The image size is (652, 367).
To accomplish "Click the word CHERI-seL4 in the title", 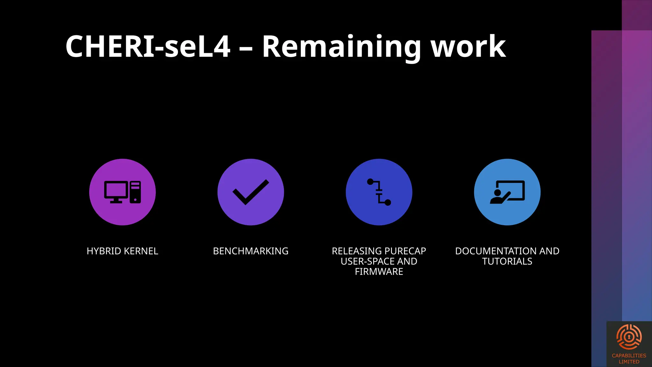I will tap(147, 47).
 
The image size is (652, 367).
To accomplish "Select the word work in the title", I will tap(468, 47).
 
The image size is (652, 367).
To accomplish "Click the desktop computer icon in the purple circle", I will tap(123, 192).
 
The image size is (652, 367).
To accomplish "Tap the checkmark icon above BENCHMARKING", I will tap(251, 192).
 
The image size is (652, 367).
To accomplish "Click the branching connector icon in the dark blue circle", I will tap(379, 192).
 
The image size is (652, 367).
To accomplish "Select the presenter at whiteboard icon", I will tap(507, 192).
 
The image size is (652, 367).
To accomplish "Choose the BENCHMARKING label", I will tap(251, 251).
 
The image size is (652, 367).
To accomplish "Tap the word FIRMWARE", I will tap(379, 271).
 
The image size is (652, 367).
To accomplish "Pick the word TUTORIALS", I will tap(507, 261).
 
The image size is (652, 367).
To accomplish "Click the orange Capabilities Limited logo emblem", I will tap(629, 337).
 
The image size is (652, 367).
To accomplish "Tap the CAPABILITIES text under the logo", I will tap(629, 356).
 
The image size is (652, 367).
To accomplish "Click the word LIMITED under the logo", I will tap(629, 362).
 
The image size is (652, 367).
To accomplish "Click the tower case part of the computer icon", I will tap(135, 192).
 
